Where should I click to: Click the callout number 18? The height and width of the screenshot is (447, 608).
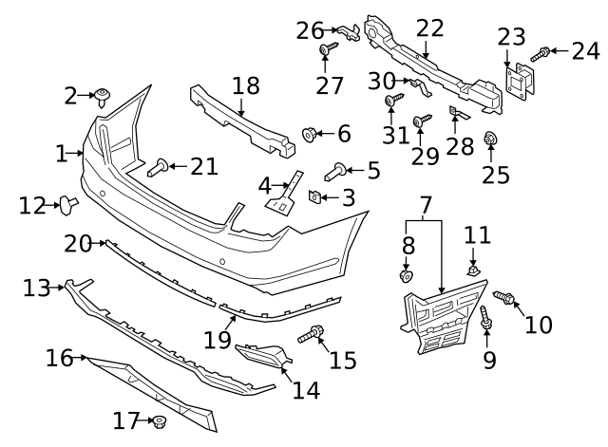point(245,85)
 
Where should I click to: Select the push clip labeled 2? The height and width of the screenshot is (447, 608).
point(101,94)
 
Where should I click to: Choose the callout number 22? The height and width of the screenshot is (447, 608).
point(429,28)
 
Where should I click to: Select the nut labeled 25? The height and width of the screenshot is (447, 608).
point(491,140)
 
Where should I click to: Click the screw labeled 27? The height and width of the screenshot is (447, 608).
point(325,48)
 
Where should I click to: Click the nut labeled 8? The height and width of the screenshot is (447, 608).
point(406,276)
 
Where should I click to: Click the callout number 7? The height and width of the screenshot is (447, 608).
point(425,203)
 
